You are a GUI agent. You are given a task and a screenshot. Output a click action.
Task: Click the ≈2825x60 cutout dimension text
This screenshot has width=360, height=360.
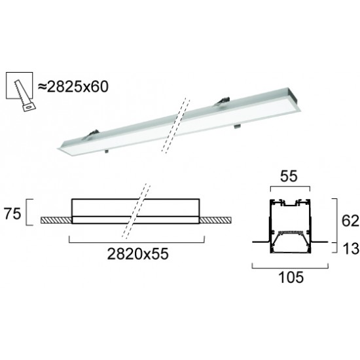click(73, 87)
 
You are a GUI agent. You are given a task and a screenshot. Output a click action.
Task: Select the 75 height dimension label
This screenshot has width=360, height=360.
click(12, 214)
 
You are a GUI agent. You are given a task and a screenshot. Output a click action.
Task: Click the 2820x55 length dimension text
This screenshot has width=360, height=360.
click(137, 254)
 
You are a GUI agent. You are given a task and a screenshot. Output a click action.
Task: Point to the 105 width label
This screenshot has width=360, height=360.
click(291, 277)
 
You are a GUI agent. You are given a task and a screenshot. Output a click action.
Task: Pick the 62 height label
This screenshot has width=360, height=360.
click(350, 221)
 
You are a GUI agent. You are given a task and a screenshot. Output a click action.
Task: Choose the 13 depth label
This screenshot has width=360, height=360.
click(351, 249)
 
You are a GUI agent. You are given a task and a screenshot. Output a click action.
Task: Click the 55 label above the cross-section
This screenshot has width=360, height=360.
click(289, 176)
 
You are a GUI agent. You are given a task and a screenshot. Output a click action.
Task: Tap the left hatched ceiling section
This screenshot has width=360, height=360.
click(56, 220)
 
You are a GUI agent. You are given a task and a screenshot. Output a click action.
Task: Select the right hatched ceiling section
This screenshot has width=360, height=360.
click(215, 220)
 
